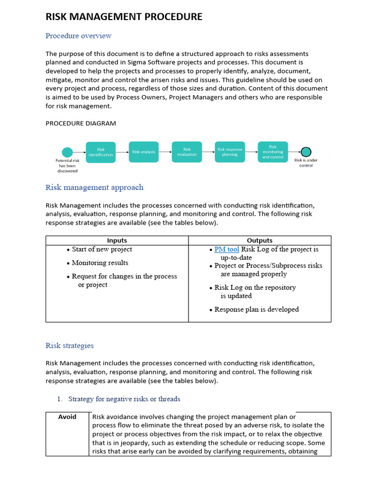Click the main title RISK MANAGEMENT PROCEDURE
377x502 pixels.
(124, 17)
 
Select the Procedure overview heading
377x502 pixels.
(79, 36)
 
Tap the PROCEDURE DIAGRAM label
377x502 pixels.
(81, 123)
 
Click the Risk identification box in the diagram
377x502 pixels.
(101, 152)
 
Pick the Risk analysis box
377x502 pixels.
(143, 152)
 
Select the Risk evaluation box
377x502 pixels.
(187, 152)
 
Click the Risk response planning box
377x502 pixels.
(230, 152)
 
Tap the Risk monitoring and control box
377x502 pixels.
(272, 152)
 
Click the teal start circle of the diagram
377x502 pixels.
(67, 152)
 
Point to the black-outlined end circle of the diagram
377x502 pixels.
(306, 152)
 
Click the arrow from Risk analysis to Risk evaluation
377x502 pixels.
(165, 152)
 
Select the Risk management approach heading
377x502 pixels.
(94, 187)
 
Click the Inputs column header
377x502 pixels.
(117, 240)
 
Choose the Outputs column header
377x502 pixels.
(260, 240)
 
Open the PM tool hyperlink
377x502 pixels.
(227, 250)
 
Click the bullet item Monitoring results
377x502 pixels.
(100, 263)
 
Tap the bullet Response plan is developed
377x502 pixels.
(256, 309)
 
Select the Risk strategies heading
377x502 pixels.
(70, 346)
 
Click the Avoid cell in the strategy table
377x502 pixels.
(67, 417)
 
